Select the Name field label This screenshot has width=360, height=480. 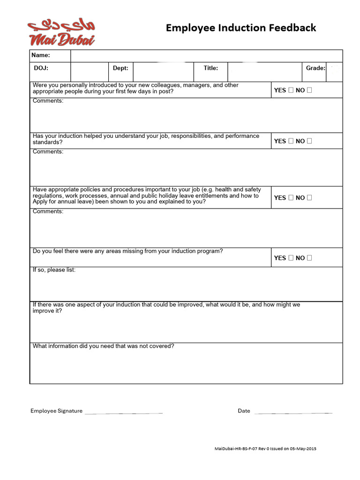click(41, 55)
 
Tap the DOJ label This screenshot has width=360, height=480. click(41, 68)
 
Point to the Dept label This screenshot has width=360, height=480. click(120, 68)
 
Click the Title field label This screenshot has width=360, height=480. click(210, 68)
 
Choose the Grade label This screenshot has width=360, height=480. click(315, 68)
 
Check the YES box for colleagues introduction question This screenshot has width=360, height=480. click(291, 90)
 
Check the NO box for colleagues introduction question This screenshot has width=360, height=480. click(309, 90)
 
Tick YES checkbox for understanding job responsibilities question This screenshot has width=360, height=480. click(291, 141)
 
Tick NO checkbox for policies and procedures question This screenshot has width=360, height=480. click(309, 197)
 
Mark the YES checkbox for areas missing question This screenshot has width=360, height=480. click(291, 257)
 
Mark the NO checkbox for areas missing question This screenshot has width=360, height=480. click(309, 257)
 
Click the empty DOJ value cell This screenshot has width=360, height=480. click(89, 72)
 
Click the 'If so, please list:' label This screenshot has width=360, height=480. click(54, 270)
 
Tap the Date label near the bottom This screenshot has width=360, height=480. click(244, 411)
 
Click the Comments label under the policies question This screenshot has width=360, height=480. click(48, 211)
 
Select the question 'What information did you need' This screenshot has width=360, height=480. click(103, 346)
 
